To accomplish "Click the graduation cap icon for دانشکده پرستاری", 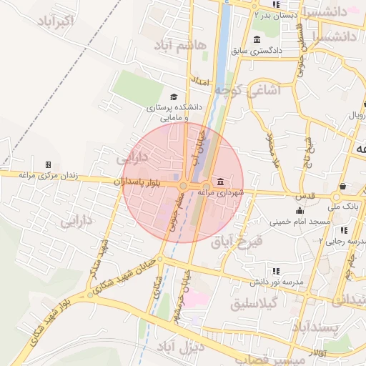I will pos(173,97).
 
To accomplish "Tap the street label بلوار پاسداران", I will pos(144,183).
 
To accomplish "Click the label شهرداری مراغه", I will pos(220,192).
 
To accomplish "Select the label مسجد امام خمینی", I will pos(300,222).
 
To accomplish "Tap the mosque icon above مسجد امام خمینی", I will pos(300,211).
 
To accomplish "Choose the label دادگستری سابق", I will pos(257,51).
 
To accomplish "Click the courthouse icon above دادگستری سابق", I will pos(257,39).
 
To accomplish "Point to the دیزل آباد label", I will pos(199,347).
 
